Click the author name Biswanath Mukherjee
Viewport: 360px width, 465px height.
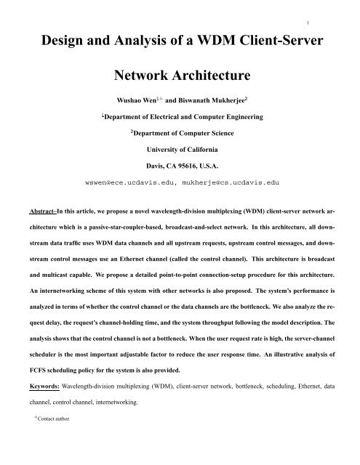pyautogui.click(x=217, y=100)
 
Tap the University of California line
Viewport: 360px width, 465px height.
pyautogui.click(x=180, y=151)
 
